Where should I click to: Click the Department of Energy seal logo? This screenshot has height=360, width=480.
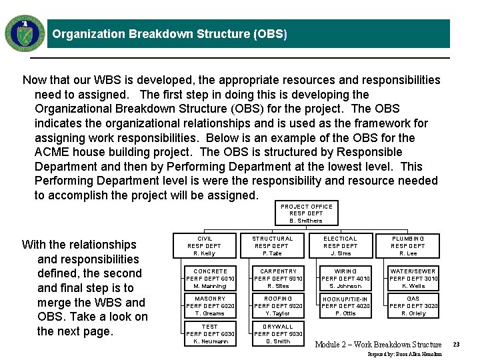25,33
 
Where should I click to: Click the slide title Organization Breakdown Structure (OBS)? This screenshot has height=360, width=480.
169,34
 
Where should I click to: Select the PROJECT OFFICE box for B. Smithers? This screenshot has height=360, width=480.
306,213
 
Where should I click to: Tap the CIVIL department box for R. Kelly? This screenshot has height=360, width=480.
204,245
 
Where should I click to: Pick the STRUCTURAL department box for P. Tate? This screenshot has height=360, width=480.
272,245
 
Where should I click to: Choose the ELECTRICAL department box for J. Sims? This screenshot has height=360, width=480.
340,245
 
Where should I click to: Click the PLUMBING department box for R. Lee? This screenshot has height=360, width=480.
407,245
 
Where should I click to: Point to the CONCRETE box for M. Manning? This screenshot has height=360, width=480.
210,279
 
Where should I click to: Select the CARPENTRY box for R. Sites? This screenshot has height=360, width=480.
278,279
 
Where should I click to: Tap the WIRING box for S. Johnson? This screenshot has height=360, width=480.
345,279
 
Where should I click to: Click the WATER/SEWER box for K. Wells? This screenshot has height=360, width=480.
413,279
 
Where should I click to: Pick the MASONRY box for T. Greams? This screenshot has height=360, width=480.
210,306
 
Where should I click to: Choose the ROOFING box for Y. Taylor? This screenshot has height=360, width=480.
278,306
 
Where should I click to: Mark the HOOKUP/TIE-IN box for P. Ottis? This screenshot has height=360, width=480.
345,306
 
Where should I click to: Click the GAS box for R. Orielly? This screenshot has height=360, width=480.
413,306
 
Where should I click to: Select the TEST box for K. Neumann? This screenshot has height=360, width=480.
210,334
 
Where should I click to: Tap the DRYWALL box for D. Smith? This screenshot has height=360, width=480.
278,334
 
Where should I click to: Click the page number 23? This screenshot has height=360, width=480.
456,345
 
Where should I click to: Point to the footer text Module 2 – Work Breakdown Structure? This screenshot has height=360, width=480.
378,345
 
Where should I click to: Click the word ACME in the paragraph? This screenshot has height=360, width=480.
50,152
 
